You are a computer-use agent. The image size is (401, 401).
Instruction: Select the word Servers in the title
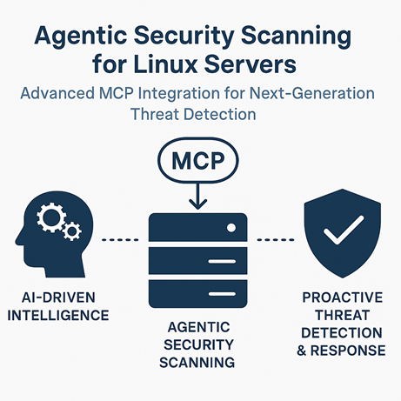tap(251, 63)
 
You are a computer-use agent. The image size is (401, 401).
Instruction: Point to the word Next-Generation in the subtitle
tap(312, 93)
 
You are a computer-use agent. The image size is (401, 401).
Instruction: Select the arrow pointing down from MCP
tap(198, 196)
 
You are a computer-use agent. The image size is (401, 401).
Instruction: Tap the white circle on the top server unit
tap(231, 228)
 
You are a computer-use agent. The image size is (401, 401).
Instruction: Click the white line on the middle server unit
tap(222, 262)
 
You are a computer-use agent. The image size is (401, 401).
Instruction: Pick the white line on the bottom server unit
tap(222, 294)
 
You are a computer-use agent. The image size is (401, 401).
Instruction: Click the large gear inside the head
tap(51, 217)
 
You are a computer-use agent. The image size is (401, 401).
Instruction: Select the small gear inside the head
tap(72, 231)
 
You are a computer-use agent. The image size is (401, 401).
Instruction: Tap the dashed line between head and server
tap(120, 240)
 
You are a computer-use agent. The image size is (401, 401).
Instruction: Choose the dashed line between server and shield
tap(276, 240)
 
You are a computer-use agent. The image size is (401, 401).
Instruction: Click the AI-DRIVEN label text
tap(58, 297)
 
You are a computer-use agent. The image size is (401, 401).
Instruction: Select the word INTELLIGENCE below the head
tap(58, 316)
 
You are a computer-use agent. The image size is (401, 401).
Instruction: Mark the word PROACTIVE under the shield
tap(343, 297)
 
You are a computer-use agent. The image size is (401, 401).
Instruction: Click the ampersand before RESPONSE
tap(302, 351)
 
